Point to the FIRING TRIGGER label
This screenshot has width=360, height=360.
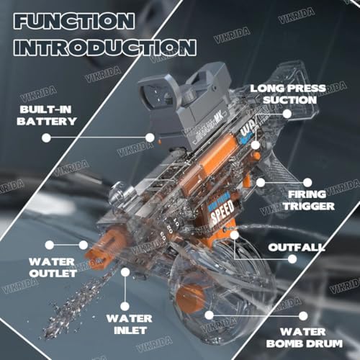[x=310, y=200]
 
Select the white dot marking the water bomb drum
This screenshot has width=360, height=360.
[x=209, y=314]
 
